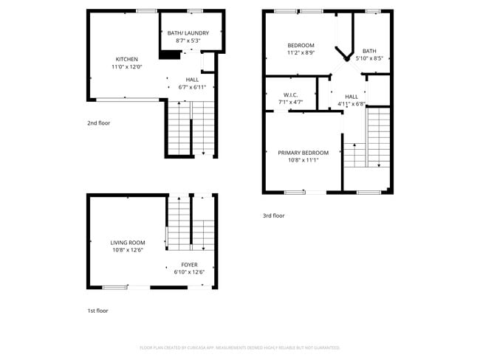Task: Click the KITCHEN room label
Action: (126, 59)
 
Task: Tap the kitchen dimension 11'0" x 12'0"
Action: (126, 67)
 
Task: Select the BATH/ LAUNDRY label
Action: (188, 33)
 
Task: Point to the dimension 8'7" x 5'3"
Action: (188, 41)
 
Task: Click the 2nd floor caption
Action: (98, 123)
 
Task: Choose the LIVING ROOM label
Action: (127, 243)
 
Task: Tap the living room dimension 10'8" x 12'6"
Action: (127, 250)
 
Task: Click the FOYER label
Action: (189, 264)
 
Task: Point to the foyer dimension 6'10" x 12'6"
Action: (189, 272)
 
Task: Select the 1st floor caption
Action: (97, 311)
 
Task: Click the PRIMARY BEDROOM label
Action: (303, 153)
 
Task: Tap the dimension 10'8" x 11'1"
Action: (303, 160)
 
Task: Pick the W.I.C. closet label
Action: (289, 94)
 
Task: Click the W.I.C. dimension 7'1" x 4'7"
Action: (289, 102)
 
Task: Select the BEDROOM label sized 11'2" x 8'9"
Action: (301, 46)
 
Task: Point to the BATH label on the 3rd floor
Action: (368, 51)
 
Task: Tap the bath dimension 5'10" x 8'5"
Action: (368, 58)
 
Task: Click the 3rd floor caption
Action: (273, 215)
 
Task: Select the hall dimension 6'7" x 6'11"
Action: (192, 87)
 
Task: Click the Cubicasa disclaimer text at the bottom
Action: (240, 347)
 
